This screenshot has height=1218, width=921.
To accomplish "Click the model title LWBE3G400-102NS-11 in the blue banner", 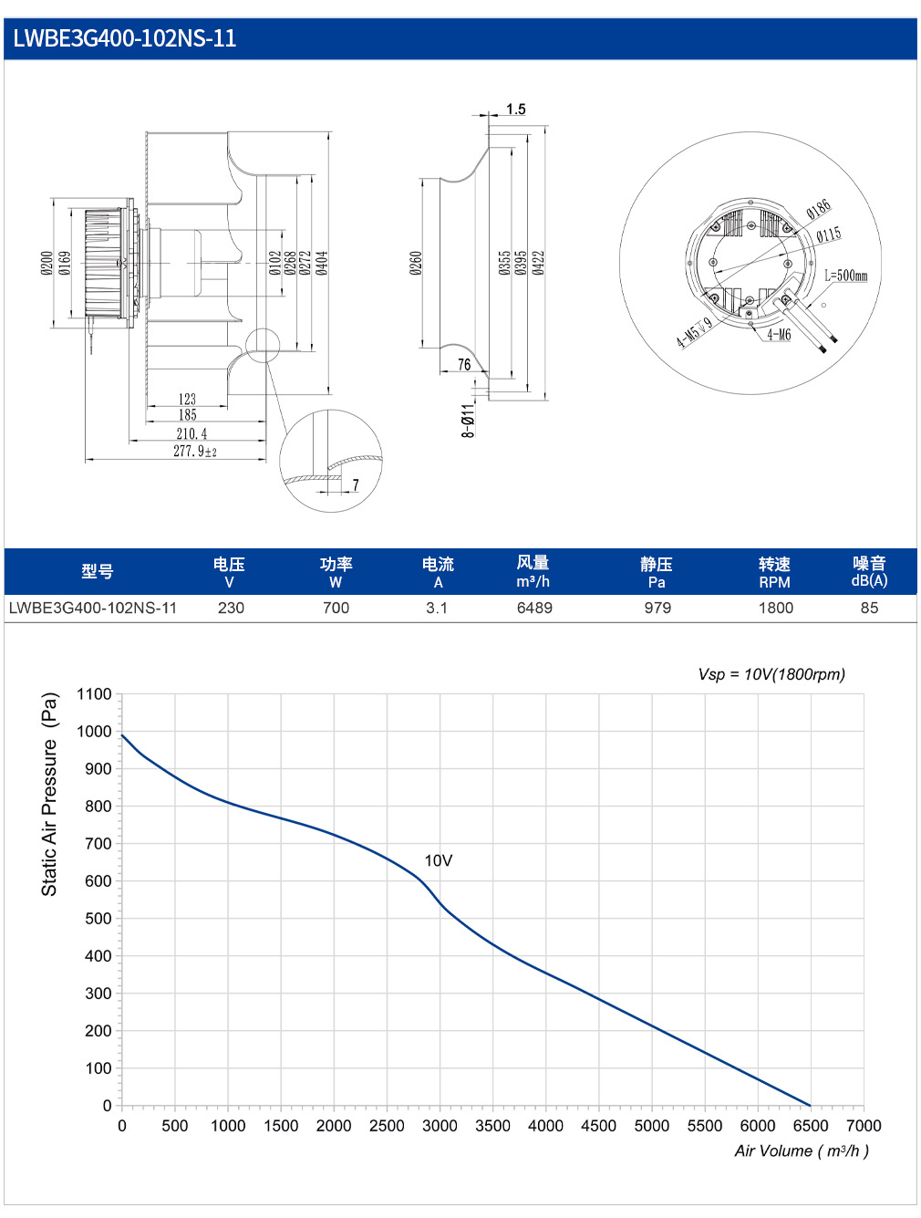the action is coord(124,38).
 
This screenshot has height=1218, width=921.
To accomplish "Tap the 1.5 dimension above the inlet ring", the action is coord(515,109).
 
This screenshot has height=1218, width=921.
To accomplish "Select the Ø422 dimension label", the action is coord(537,263).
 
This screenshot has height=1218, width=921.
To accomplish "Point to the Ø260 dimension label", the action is coord(416,263).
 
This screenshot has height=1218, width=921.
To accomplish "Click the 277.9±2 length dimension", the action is coord(194,451).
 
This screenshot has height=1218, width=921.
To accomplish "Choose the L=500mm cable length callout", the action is coord(845,276).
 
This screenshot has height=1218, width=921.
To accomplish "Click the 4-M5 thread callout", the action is coord(694,332).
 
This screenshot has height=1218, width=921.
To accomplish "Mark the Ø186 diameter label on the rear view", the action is coord(819,209).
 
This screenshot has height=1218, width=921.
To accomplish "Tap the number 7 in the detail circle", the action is coord(355,485).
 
